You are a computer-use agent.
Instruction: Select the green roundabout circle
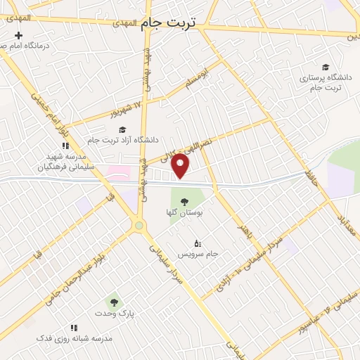[140, 225]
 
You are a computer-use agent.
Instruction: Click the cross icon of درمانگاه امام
[19, 36]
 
